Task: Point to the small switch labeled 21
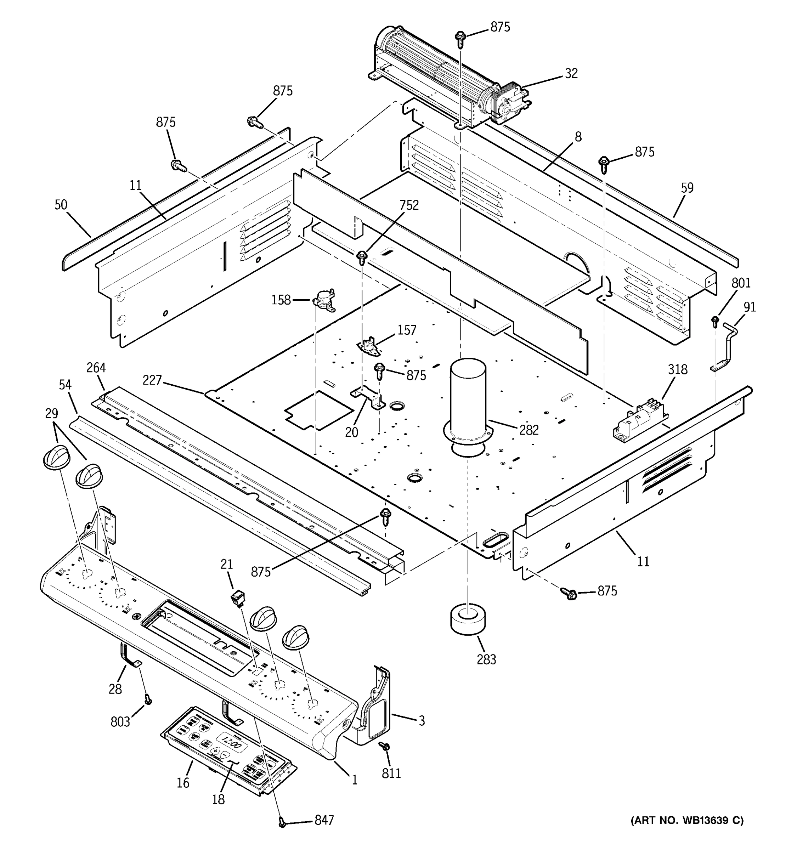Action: pos(238,598)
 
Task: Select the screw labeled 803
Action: pos(148,700)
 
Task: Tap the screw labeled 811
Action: pos(385,746)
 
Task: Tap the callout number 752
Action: pos(409,205)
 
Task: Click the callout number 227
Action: pos(152,380)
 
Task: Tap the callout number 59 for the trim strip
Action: pos(687,188)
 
